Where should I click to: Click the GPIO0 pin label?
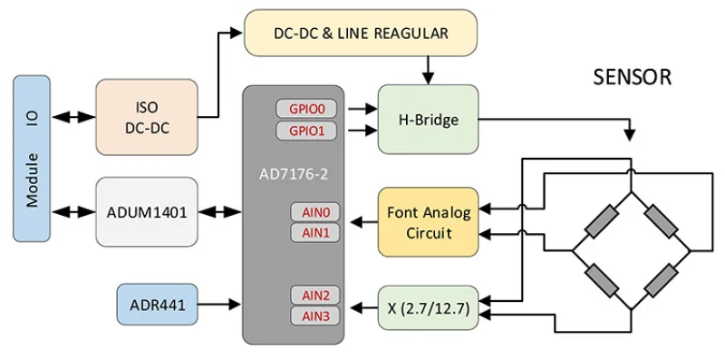click(x=306, y=109)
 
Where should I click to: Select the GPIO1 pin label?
click(x=306, y=131)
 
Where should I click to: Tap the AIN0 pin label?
click(x=315, y=212)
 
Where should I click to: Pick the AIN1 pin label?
click(x=315, y=233)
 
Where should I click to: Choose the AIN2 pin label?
click(x=315, y=296)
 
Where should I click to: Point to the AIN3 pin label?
click(x=315, y=316)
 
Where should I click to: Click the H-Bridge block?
click(x=428, y=120)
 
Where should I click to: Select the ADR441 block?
click(x=158, y=306)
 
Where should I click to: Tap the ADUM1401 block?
click(x=147, y=212)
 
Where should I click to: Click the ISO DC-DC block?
click(x=147, y=118)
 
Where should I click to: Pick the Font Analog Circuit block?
click(x=428, y=222)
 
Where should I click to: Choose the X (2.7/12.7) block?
click(x=428, y=308)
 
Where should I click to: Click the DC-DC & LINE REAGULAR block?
click(x=361, y=34)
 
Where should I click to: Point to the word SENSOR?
click(x=633, y=78)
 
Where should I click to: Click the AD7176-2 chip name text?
click(x=293, y=175)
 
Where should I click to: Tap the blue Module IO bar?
click(x=32, y=159)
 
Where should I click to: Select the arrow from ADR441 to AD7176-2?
click(x=219, y=305)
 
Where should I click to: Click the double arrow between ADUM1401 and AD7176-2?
click(x=219, y=212)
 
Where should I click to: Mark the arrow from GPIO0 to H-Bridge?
click(x=363, y=109)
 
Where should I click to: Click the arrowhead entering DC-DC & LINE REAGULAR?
click(x=236, y=33)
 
